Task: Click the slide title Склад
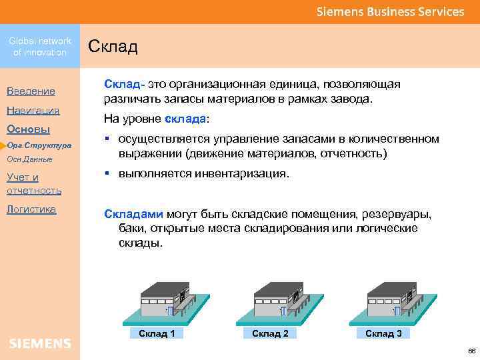click(113, 47)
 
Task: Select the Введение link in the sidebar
click(31, 91)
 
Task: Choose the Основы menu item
click(28, 129)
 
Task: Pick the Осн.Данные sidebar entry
click(29, 159)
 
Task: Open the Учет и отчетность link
click(34, 183)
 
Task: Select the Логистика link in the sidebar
click(31, 209)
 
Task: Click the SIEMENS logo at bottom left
click(40, 343)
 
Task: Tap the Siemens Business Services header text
click(390, 12)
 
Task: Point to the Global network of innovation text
click(40, 47)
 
